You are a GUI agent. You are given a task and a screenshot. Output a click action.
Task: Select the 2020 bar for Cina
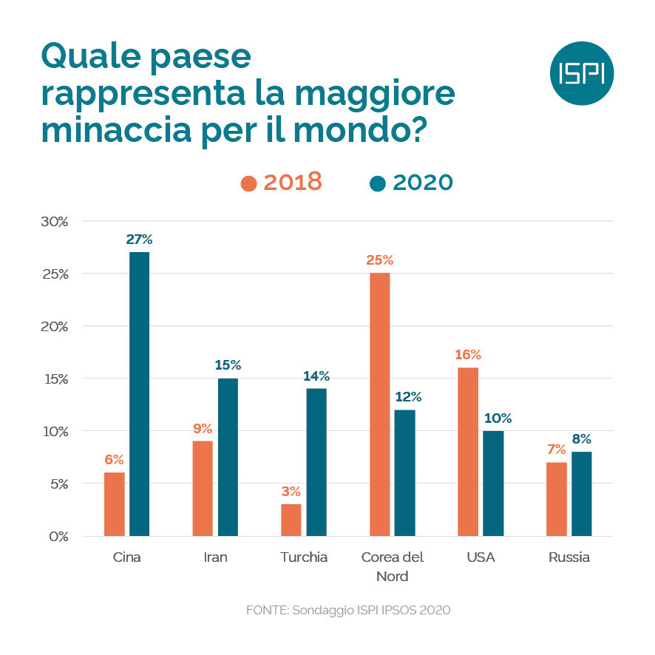point(139,393)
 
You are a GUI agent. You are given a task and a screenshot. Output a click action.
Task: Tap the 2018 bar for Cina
point(115,504)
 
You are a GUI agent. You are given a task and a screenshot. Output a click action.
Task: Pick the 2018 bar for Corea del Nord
point(379,404)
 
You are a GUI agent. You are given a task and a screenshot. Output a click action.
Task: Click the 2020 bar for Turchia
point(316,462)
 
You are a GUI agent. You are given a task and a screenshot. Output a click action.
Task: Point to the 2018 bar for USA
point(468,451)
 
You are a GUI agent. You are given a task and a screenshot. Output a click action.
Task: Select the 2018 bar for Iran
point(203,488)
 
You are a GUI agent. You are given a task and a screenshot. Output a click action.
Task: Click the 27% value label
point(139,240)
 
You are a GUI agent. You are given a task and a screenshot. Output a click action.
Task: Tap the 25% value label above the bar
point(379,260)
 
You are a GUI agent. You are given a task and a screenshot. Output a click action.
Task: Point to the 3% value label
point(291,492)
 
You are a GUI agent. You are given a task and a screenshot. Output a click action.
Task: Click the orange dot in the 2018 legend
point(249,183)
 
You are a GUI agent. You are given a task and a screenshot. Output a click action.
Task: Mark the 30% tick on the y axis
point(53,221)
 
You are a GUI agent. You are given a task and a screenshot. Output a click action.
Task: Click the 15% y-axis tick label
point(53,379)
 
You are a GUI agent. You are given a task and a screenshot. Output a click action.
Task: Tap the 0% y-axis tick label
point(56,536)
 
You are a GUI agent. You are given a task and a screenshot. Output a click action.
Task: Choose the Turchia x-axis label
point(303,557)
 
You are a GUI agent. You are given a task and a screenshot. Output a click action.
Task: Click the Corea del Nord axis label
point(392,566)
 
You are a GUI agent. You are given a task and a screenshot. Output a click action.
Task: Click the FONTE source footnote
point(347,611)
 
